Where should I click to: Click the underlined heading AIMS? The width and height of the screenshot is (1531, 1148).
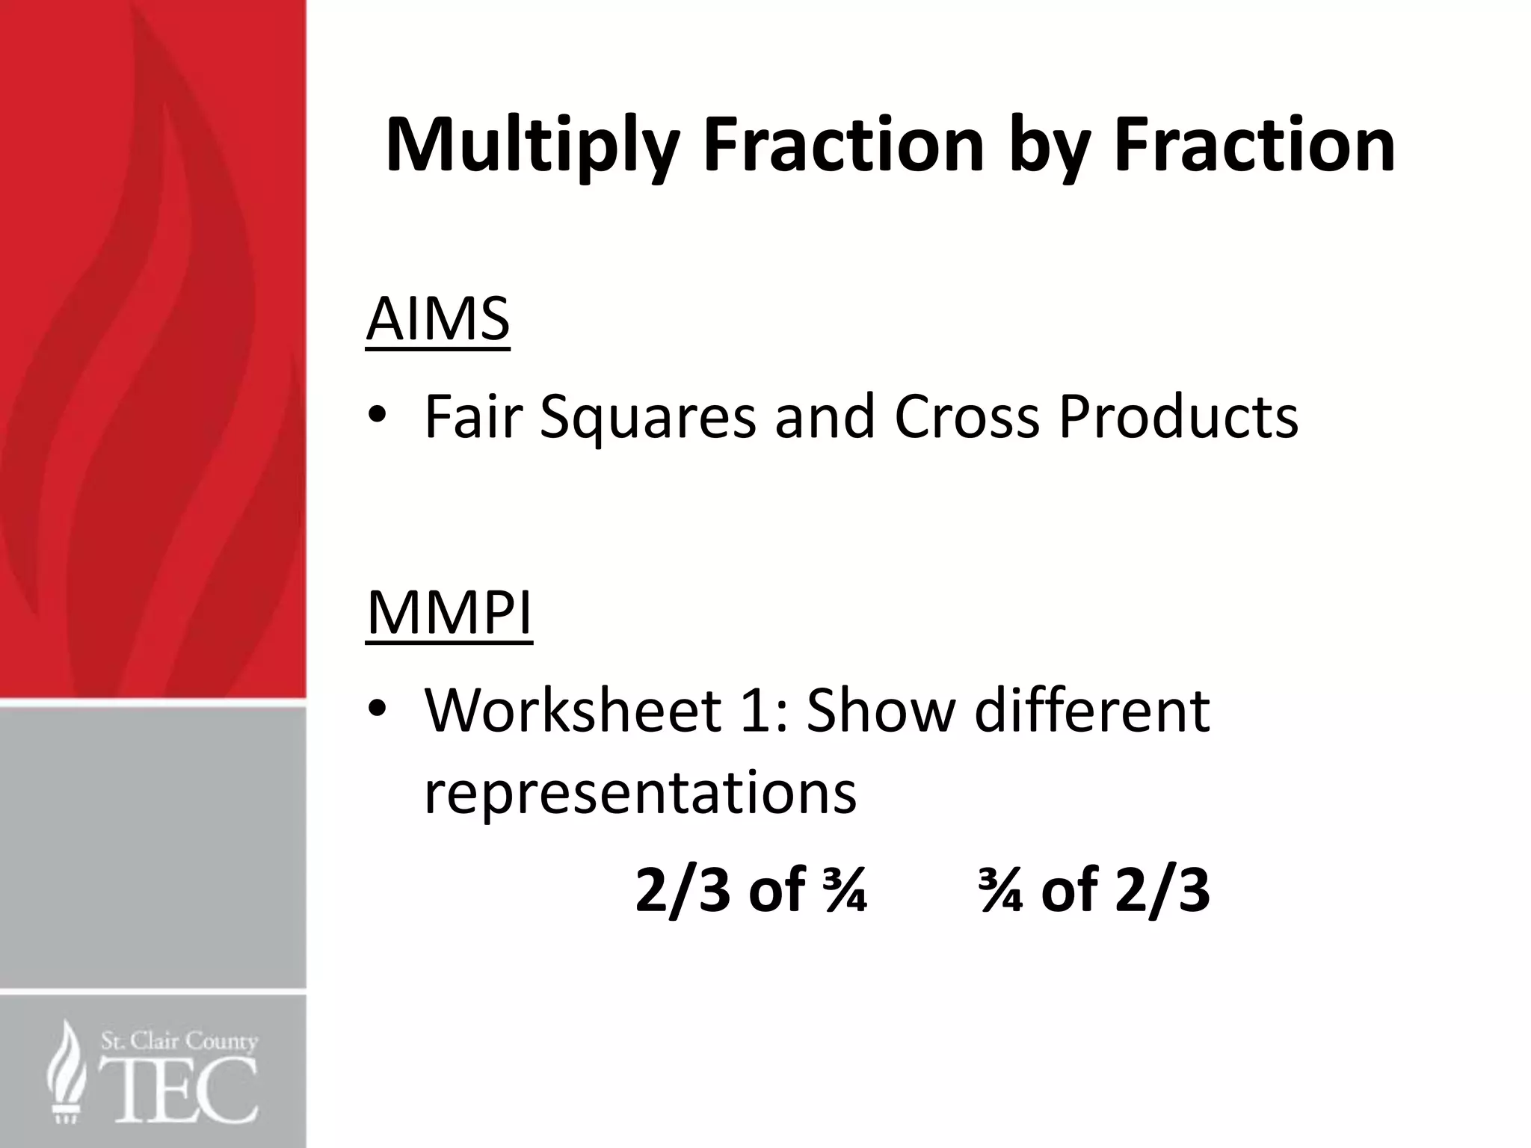pyautogui.click(x=438, y=320)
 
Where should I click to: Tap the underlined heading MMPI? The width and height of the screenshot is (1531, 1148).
pyautogui.click(x=449, y=613)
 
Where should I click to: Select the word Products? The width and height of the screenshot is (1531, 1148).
pyautogui.click(x=1178, y=416)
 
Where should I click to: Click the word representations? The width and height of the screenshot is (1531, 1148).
pyautogui.click(x=640, y=794)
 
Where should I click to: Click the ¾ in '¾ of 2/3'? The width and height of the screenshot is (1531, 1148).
pyautogui.click(x=1000, y=891)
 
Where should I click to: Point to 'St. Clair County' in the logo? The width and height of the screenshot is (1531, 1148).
pyautogui.click(x=179, y=1041)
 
